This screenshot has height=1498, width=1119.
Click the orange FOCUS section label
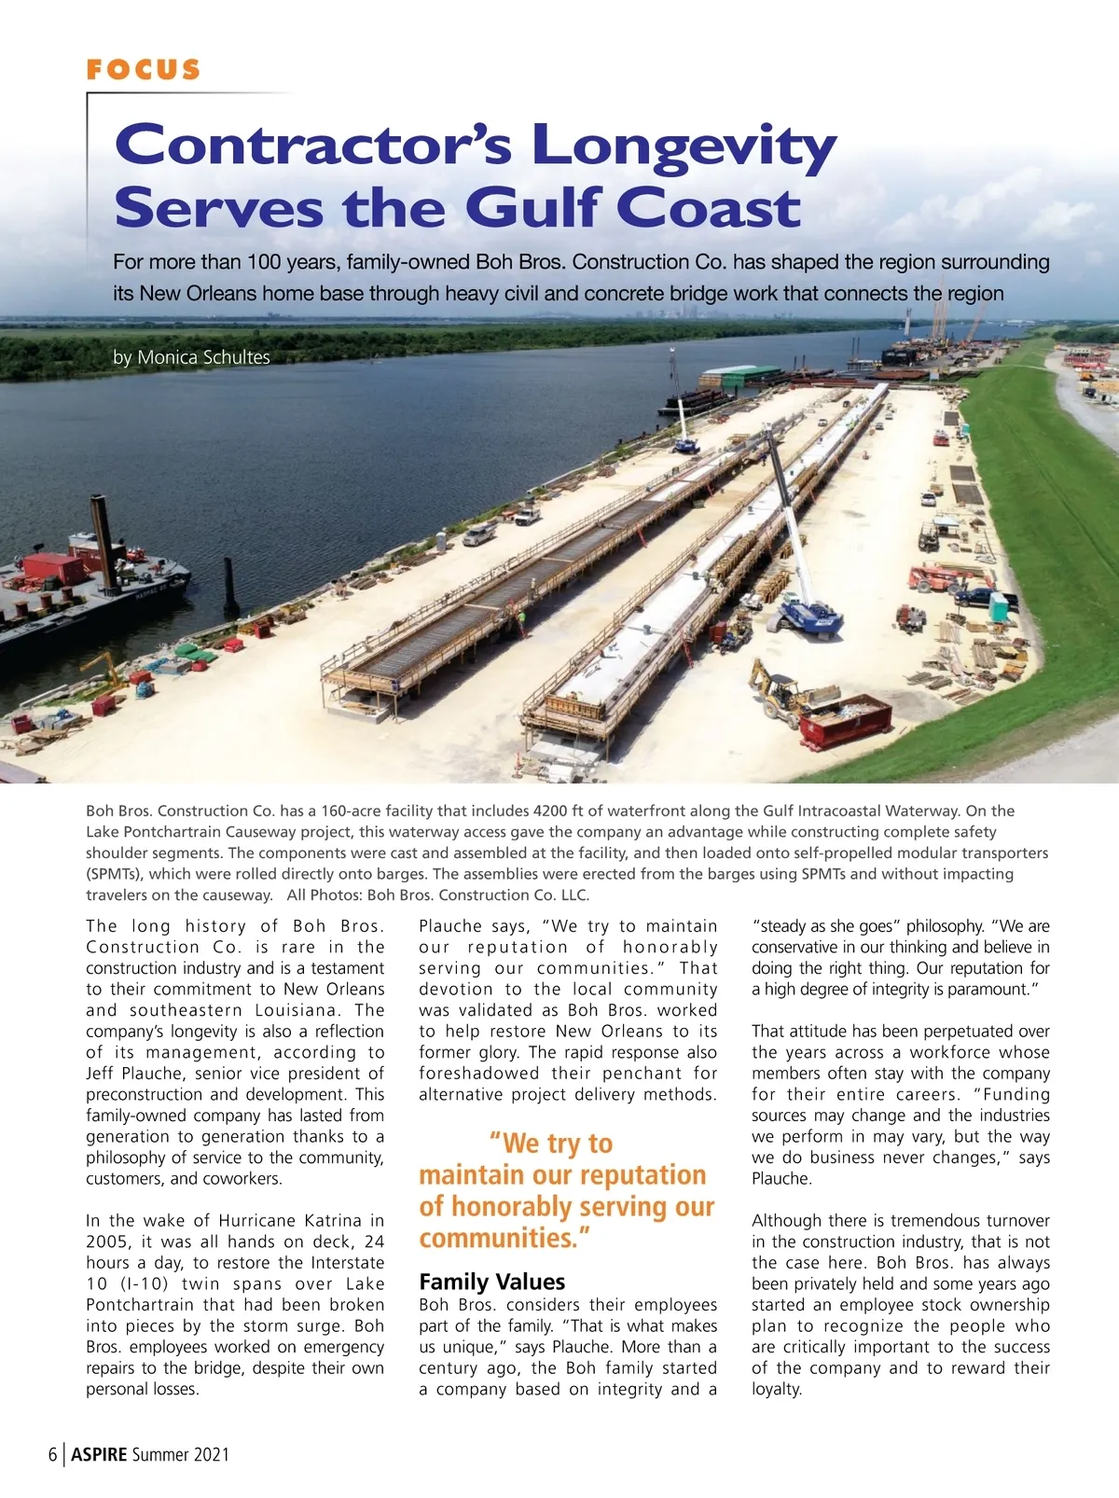click(x=143, y=70)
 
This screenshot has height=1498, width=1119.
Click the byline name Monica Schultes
click(x=203, y=357)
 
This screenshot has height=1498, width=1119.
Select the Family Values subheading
click(x=491, y=1282)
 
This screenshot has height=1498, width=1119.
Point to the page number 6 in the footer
click(x=53, y=1454)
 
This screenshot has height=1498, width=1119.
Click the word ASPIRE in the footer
click(x=99, y=1454)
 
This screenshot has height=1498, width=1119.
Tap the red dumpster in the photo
click(x=845, y=720)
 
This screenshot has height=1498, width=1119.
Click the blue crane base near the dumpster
click(x=809, y=617)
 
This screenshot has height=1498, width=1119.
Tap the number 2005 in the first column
click(x=108, y=1241)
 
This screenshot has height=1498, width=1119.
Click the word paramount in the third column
click(x=988, y=990)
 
